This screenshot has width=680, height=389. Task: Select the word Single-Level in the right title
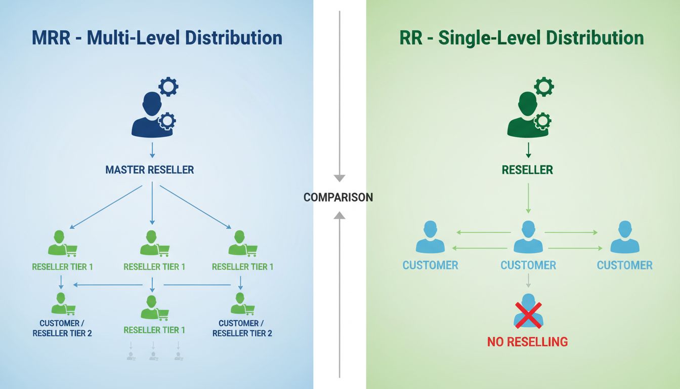point(490,38)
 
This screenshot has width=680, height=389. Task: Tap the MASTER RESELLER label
point(149,170)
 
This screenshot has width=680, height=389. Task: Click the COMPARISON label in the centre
point(338,198)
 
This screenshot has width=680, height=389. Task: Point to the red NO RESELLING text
point(527,342)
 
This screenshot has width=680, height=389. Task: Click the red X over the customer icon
point(528,314)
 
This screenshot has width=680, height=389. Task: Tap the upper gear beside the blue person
point(168,87)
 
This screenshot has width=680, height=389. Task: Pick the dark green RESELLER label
point(527,170)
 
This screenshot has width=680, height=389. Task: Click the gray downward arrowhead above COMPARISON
point(339,178)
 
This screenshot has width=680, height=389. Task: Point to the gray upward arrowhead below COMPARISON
point(339,215)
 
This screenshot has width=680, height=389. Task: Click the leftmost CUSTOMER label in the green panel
point(430,265)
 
